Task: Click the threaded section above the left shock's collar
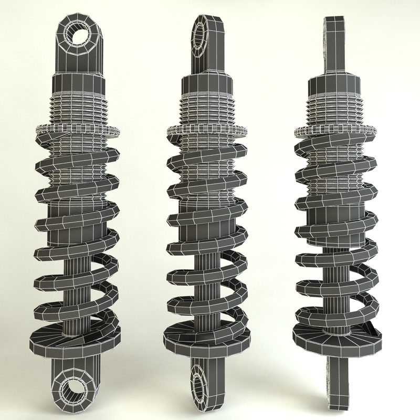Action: pos(80,108)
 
